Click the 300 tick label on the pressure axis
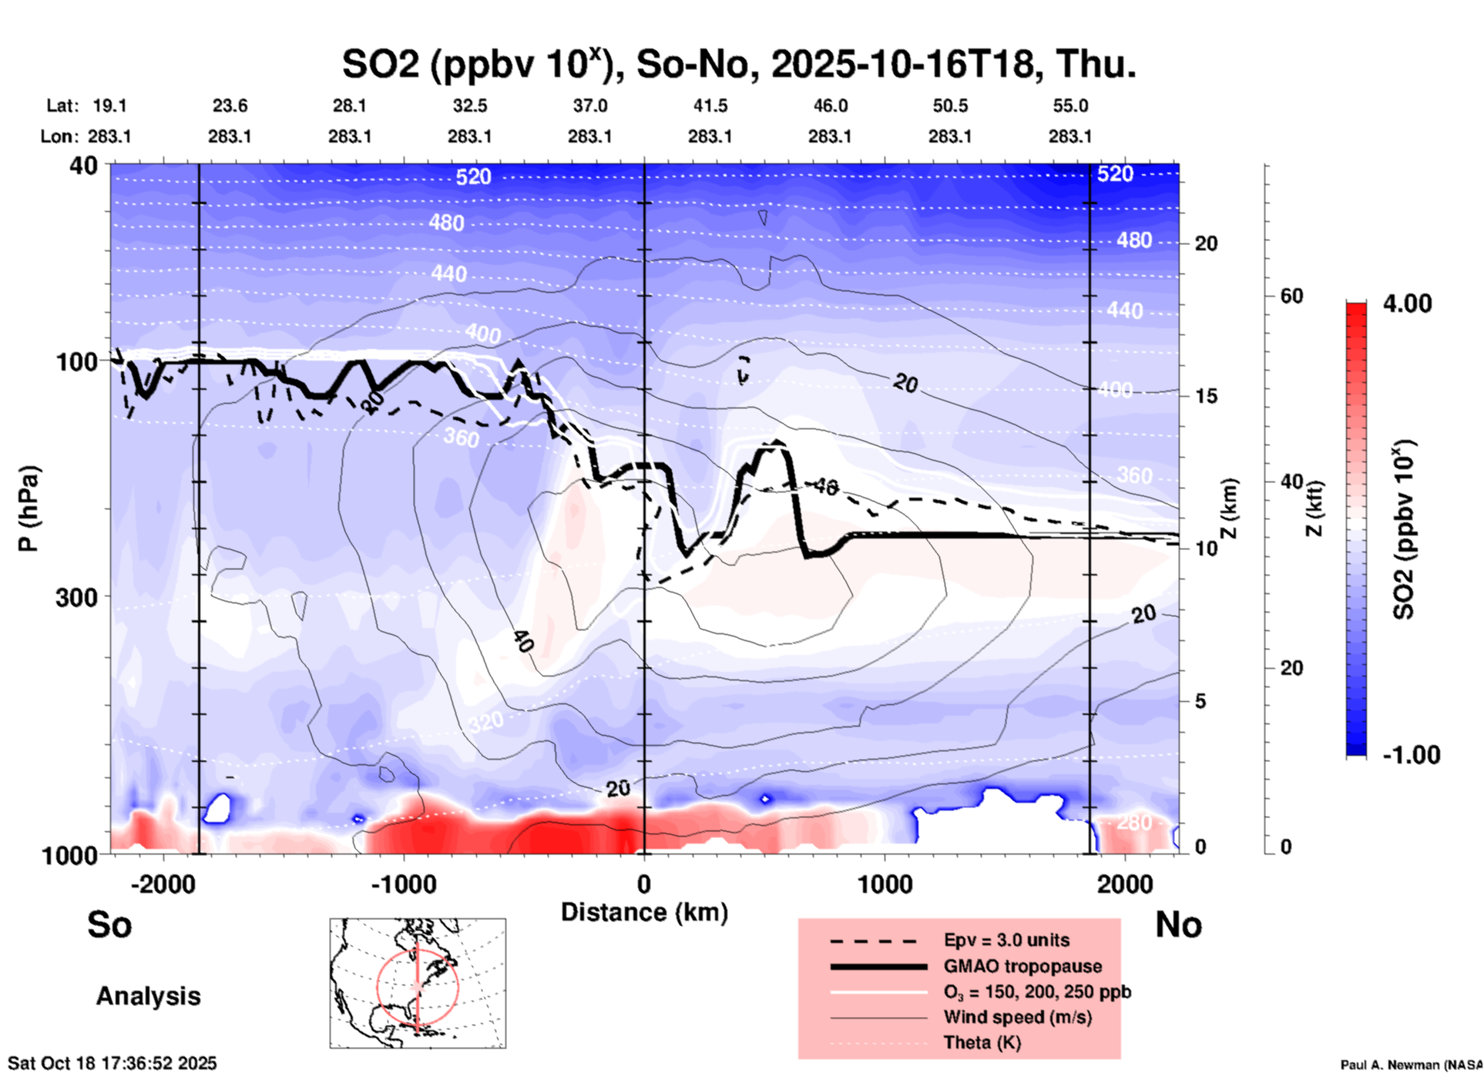point(77,597)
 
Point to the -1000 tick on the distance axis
point(403,884)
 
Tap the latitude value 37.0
point(589,106)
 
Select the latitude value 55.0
point(1070,106)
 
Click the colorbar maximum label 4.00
point(1407,304)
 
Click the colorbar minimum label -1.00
point(1411,754)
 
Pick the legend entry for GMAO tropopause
point(1022,966)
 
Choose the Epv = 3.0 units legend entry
point(1006,940)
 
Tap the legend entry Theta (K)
point(982,1042)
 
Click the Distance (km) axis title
point(644,912)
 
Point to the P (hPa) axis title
point(29,508)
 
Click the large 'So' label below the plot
point(109,925)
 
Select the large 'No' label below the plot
point(1178,925)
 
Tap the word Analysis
point(148,996)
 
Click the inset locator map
point(418,982)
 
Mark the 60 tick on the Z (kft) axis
point(1291,296)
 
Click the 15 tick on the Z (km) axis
point(1206,396)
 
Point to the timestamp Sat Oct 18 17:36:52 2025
point(112,1063)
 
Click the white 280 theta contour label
point(1134,823)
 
